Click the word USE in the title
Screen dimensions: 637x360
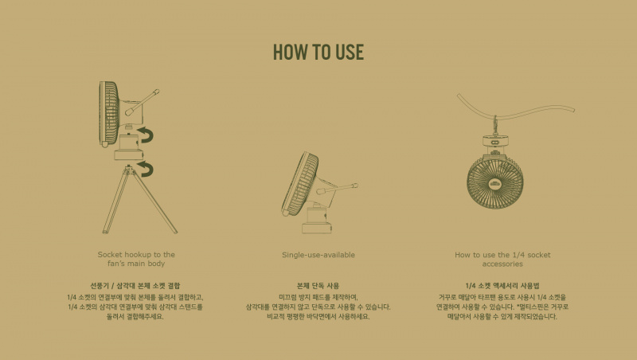[x=350, y=52]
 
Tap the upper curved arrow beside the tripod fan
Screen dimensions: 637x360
[x=147, y=135]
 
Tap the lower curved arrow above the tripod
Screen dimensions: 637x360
[x=147, y=168]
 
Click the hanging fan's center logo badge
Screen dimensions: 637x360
[x=494, y=183]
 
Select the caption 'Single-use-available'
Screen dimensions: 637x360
[x=318, y=255]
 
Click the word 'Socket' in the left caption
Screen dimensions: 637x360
[x=110, y=254]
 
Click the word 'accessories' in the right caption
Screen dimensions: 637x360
[x=502, y=264]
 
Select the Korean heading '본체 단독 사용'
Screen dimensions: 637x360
[x=318, y=286]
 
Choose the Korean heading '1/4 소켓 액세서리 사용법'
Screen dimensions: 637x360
[x=502, y=286]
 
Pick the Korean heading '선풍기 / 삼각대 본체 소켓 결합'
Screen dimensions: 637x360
[x=135, y=286]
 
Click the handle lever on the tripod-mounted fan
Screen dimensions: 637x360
[x=143, y=102]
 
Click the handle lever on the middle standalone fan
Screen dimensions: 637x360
[x=337, y=189]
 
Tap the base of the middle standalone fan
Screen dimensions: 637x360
[x=317, y=221]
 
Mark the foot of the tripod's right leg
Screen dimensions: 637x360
[x=175, y=232]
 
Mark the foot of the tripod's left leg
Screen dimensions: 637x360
[x=105, y=232]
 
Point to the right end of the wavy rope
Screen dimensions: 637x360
[x=573, y=109]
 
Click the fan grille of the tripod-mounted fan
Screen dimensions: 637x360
[x=109, y=113]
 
